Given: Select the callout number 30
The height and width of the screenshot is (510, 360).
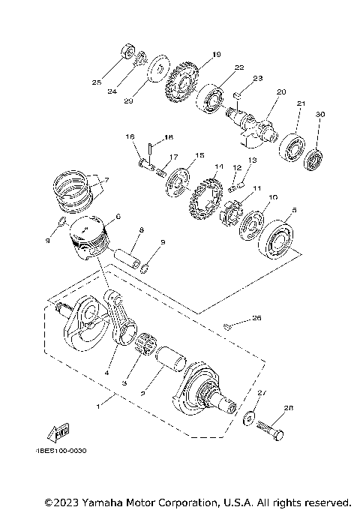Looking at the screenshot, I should pyautogui.click(x=320, y=115).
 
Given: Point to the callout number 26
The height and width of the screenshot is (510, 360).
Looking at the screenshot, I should pyautogui.click(x=257, y=317).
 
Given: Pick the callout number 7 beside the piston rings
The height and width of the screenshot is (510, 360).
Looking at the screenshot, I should pyautogui.click(x=106, y=180).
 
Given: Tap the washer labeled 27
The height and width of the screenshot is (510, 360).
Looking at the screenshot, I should pyautogui.click(x=247, y=418).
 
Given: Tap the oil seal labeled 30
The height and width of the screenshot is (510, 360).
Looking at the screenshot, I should pyautogui.click(x=313, y=159).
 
